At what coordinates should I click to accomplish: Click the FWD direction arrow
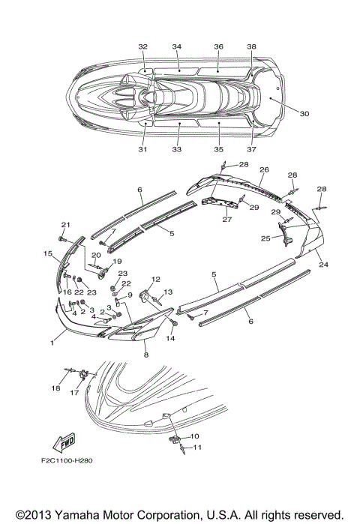64,442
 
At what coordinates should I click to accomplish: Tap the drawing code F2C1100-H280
67,460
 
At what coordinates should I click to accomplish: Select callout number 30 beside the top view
304,114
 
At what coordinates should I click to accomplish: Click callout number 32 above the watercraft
142,46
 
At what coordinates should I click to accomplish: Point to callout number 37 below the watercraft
251,149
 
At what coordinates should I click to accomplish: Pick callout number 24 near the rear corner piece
323,265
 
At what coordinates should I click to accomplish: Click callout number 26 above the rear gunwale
264,169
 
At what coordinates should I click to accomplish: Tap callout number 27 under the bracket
227,219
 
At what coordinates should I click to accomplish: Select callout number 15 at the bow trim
48,253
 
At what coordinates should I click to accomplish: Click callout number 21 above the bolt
65,225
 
